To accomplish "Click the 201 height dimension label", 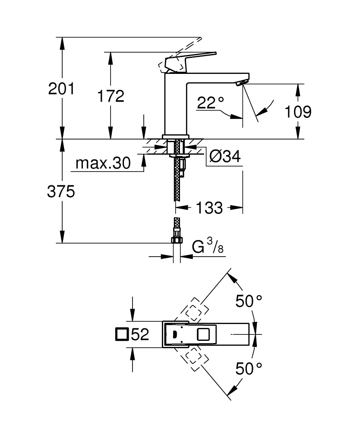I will point(61,89).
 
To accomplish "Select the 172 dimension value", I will point(110,96).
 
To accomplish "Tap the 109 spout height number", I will point(298,111).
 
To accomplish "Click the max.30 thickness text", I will point(103,163).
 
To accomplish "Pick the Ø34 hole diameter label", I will point(224,156).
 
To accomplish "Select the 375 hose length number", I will point(61,191).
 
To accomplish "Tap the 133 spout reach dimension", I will point(209,208).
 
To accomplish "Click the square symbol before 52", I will point(123,334).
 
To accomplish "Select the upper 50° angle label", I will point(249,301).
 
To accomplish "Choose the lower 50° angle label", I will point(249,368).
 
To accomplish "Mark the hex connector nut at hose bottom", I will point(177,240).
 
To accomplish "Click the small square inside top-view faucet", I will point(203,334).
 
